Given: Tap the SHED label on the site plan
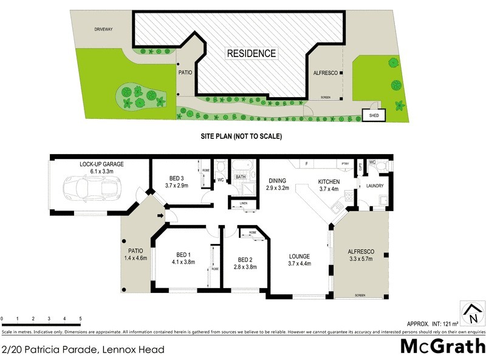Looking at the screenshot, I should tap(370, 115).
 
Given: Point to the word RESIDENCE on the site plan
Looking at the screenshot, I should tap(252, 53).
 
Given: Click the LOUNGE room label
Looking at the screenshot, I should tap(299, 256).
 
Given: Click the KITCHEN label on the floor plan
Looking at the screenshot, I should tap(329, 182).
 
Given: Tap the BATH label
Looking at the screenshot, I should tap(241, 177).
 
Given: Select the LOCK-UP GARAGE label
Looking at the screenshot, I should tap(102, 164).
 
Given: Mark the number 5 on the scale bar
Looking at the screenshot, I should tap(80, 318).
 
